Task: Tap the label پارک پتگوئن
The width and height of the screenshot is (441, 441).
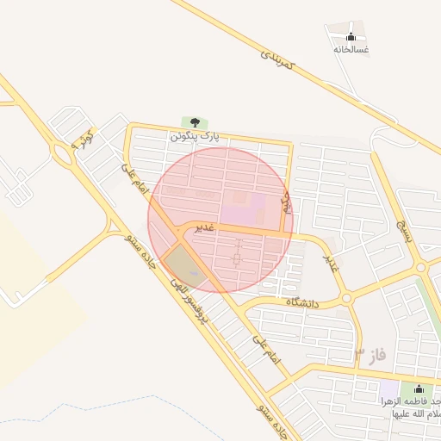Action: coord(195,136)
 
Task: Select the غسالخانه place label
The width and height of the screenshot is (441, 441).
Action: coord(351,49)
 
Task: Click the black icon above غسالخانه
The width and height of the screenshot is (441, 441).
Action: coord(351,36)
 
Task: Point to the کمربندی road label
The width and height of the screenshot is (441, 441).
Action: coord(277,59)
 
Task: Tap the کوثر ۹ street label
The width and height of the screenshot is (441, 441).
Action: coord(82,139)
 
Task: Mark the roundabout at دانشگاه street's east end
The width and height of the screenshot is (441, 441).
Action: coord(346,298)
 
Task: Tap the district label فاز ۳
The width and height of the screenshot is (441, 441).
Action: coord(370,354)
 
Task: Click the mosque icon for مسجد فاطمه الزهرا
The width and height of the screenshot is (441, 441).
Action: coord(419,389)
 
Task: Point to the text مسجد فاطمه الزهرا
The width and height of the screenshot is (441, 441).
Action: coord(412,407)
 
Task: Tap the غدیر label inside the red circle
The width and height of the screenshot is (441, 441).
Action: coord(203,227)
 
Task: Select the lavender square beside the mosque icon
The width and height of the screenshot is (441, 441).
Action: coord(389,388)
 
